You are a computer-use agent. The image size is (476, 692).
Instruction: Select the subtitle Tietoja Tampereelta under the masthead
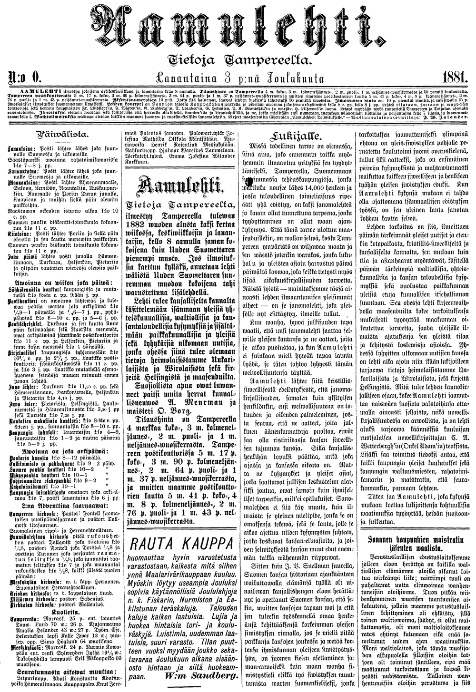click(x=238, y=59)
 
